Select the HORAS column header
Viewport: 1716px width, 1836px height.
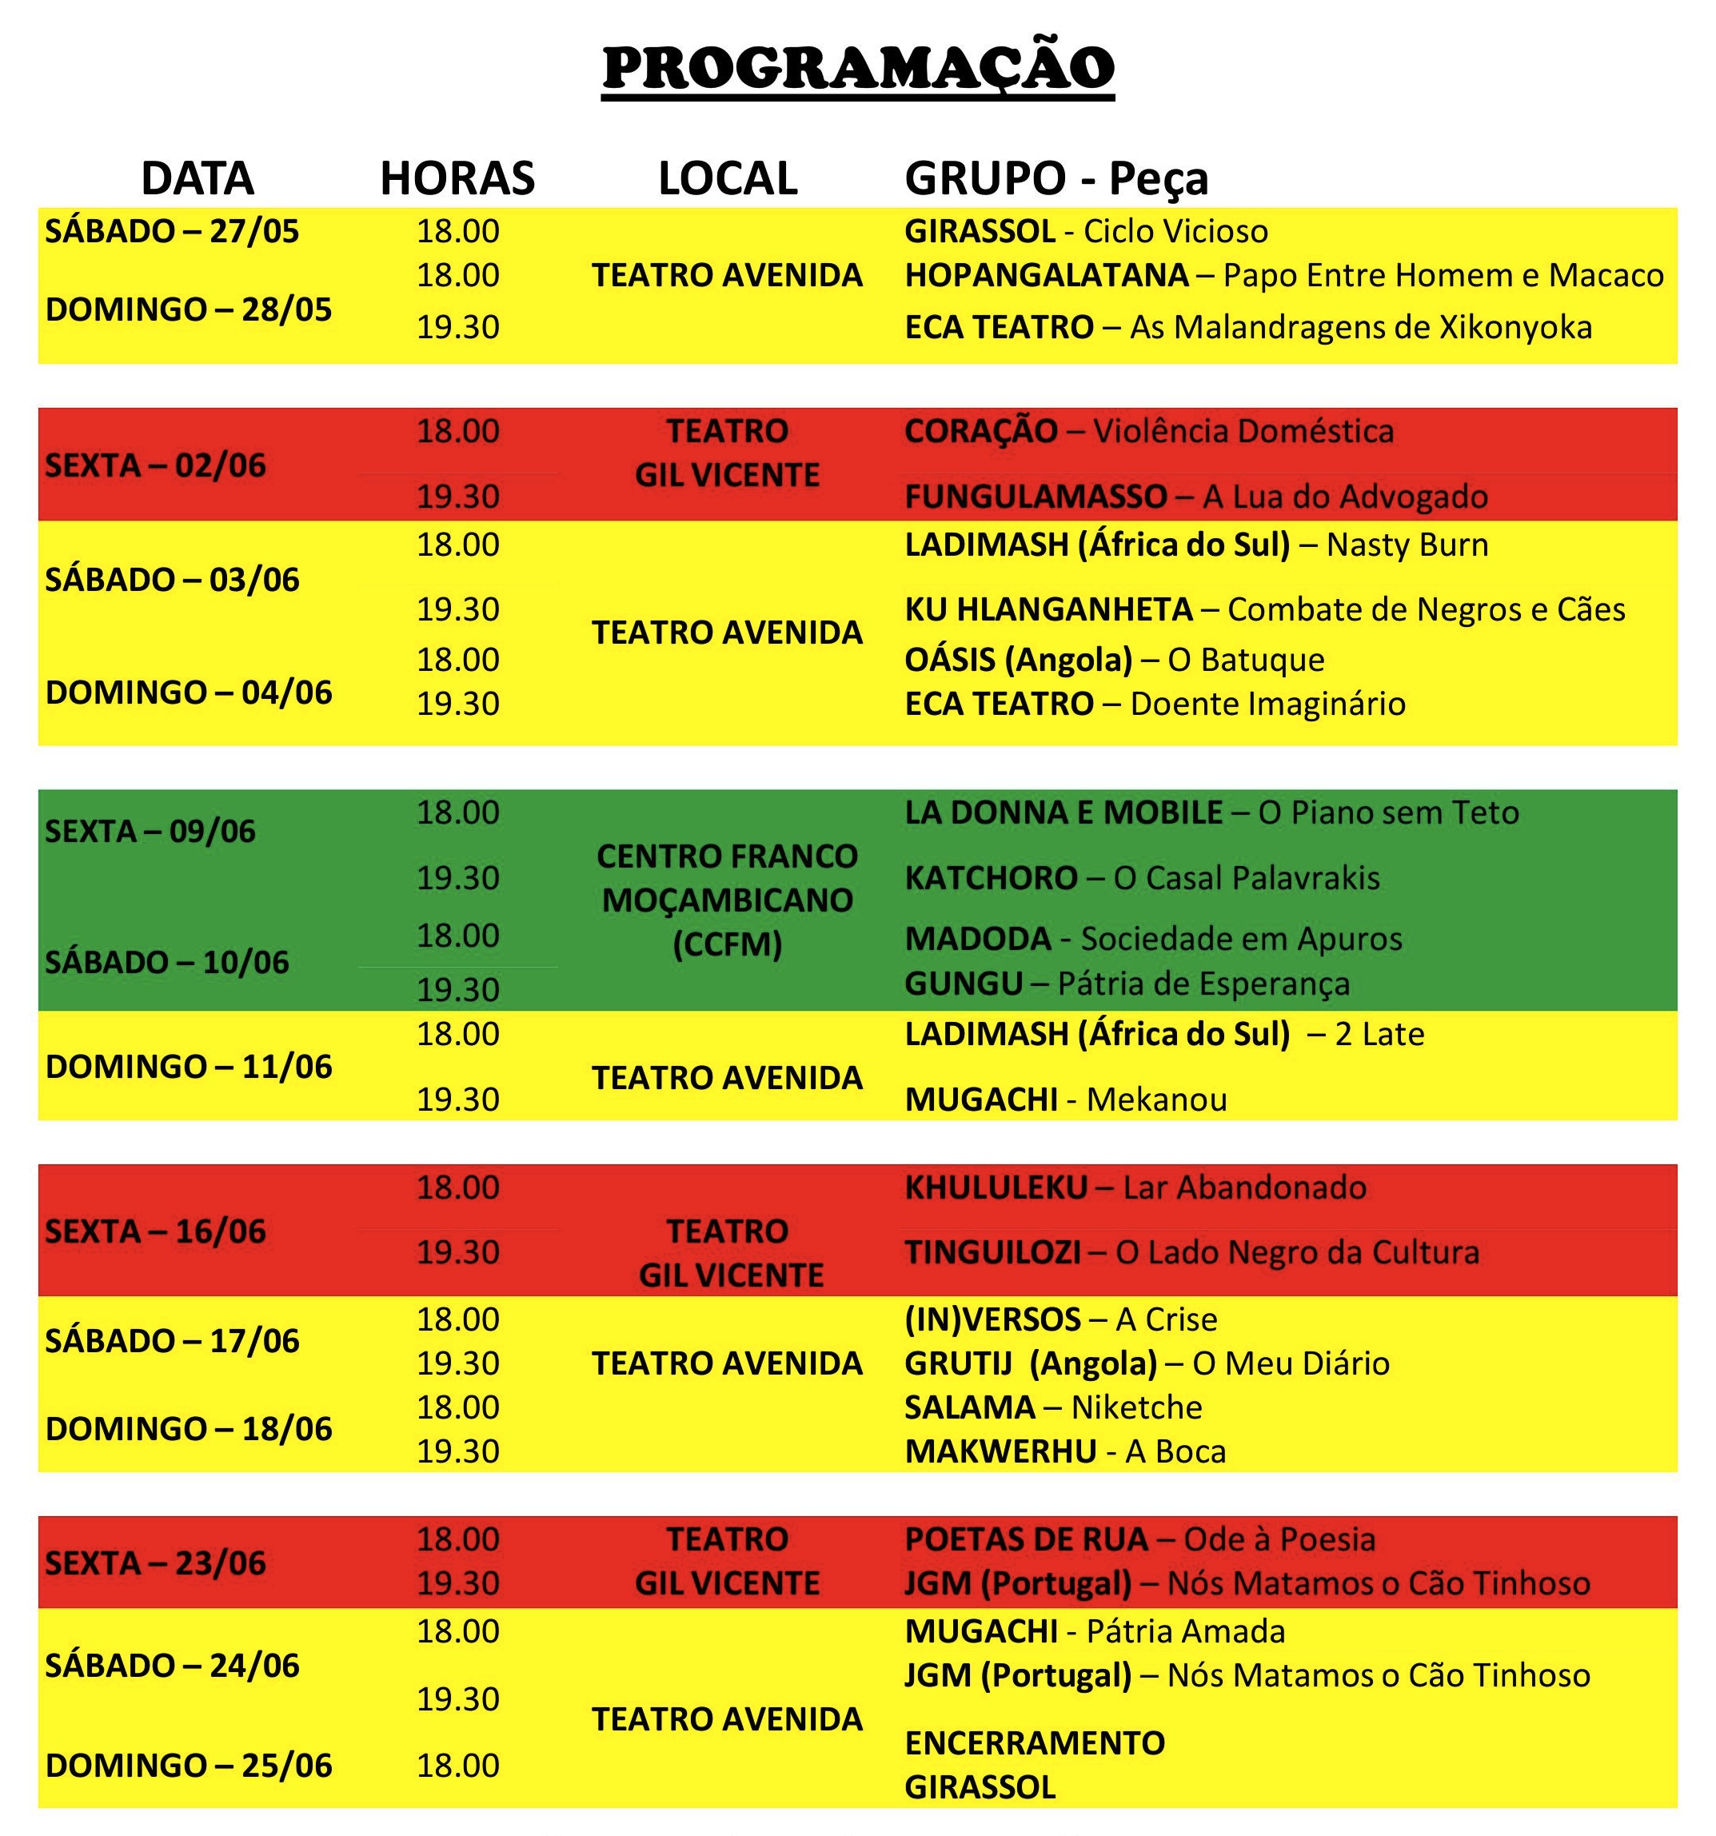pos(457,178)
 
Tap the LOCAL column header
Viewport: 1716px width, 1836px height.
pos(727,178)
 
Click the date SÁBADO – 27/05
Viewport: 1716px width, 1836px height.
pos(173,231)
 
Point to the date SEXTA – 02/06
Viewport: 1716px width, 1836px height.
pos(155,465)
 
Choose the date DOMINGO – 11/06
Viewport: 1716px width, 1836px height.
pos(189,1067)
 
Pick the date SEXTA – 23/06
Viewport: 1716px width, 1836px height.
pos(155,1563)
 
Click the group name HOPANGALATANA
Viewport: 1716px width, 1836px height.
pos(1047,275)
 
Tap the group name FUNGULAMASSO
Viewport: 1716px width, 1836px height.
pos(1036,497)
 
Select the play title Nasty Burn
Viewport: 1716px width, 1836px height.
pos(1407,545)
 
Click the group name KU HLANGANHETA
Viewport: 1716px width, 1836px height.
pos(1048,609)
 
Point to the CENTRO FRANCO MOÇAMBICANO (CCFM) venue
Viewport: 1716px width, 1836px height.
pos(727,900)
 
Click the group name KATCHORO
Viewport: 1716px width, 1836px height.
pos(991,878)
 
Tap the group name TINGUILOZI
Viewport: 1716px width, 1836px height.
pos(992,1252)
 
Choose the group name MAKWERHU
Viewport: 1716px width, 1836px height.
pos(1000,1451)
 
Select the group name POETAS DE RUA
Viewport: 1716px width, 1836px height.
pos(1026,1539)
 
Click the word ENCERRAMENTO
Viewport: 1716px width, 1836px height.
pos(1035,1742)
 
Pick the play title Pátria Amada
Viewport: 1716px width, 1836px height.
pos(1185,1631)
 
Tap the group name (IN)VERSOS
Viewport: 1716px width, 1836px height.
pos(992,1319)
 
